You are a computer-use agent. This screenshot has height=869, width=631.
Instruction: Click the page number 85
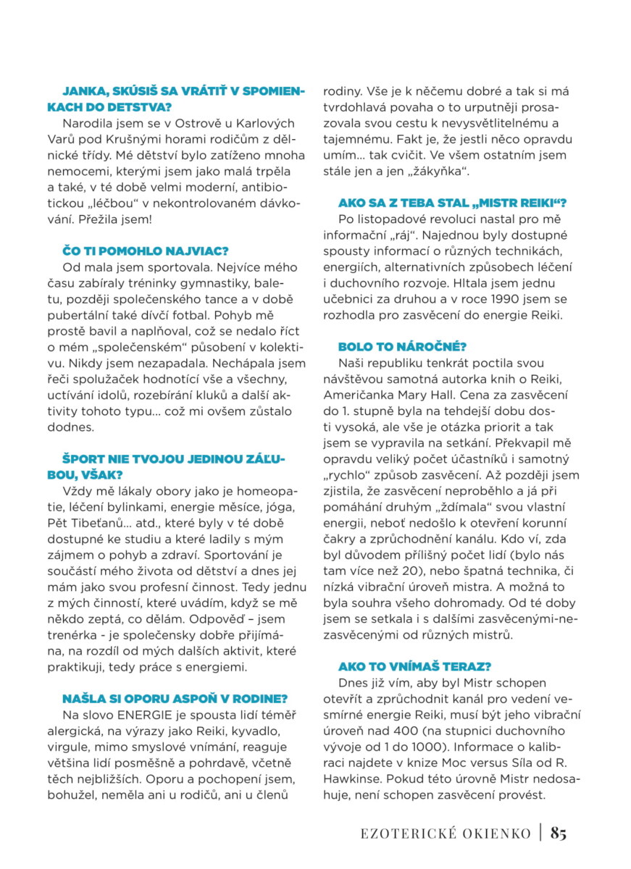click(x=558, y=833)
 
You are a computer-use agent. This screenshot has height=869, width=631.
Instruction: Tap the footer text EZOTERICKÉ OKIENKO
click(x=446, y=834)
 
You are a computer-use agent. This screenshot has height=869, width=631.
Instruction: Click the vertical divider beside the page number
click(x=540, y=833)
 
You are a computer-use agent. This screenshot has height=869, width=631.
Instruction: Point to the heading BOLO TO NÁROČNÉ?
click(x=402, y=347)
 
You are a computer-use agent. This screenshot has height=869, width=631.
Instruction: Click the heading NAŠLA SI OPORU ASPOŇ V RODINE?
click(x=175, y=698)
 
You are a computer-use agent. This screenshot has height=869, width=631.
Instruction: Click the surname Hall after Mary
click(x=488, y=395)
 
